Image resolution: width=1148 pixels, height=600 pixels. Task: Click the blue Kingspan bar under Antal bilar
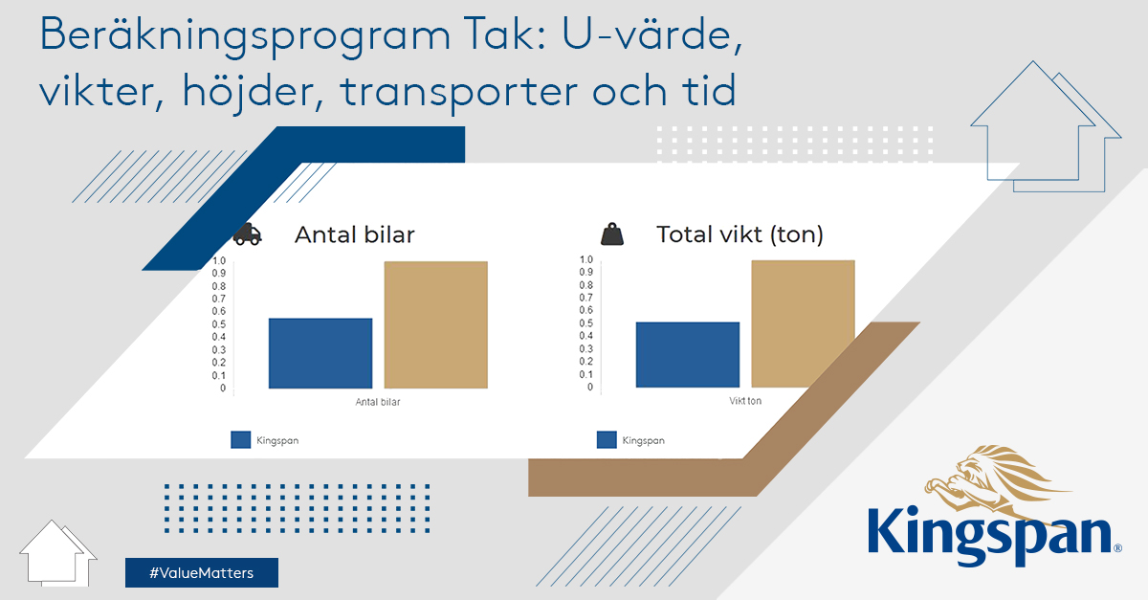320,353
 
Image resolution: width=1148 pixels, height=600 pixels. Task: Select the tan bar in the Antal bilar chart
436,324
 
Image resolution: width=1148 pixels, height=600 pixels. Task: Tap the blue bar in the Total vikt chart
688,354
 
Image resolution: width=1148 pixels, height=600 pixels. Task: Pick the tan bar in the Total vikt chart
803,323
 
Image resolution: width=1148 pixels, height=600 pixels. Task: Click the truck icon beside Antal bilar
247,234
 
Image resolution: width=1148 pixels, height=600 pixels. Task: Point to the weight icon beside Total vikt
612,234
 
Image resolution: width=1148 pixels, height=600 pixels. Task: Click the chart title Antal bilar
355,234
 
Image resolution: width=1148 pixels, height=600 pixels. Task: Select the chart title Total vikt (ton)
740,234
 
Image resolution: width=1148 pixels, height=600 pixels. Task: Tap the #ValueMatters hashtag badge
202,572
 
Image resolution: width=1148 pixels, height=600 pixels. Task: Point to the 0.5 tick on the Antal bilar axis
219,324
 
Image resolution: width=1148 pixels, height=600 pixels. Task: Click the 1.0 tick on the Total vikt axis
586,259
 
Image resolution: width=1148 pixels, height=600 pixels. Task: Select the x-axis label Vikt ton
745,401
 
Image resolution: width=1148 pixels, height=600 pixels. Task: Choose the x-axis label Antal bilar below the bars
378,402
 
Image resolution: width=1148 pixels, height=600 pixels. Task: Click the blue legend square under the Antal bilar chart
241,439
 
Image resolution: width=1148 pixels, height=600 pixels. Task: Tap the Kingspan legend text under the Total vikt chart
643,440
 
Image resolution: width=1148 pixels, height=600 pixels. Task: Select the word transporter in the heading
459,92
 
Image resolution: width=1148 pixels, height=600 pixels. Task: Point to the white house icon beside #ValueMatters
58,554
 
